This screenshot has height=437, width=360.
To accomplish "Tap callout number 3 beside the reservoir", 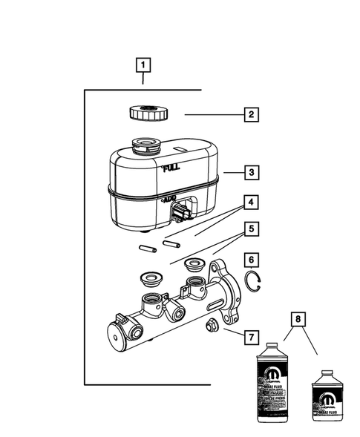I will click(x=252, y=173).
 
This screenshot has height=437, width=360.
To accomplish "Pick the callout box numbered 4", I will click(x=252, y=201).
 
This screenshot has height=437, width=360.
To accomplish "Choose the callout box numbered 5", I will click(x=252, y=230).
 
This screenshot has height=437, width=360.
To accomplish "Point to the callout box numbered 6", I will click(x=252, y=260).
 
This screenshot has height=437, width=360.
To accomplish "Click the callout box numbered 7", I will click(x=252, y=338).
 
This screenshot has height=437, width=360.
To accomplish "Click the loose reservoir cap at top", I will click(x=148, y=114).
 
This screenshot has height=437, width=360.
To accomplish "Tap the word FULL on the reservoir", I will click(x=171, y=168).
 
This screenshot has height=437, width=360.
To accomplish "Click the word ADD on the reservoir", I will click(x=168, y=199).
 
